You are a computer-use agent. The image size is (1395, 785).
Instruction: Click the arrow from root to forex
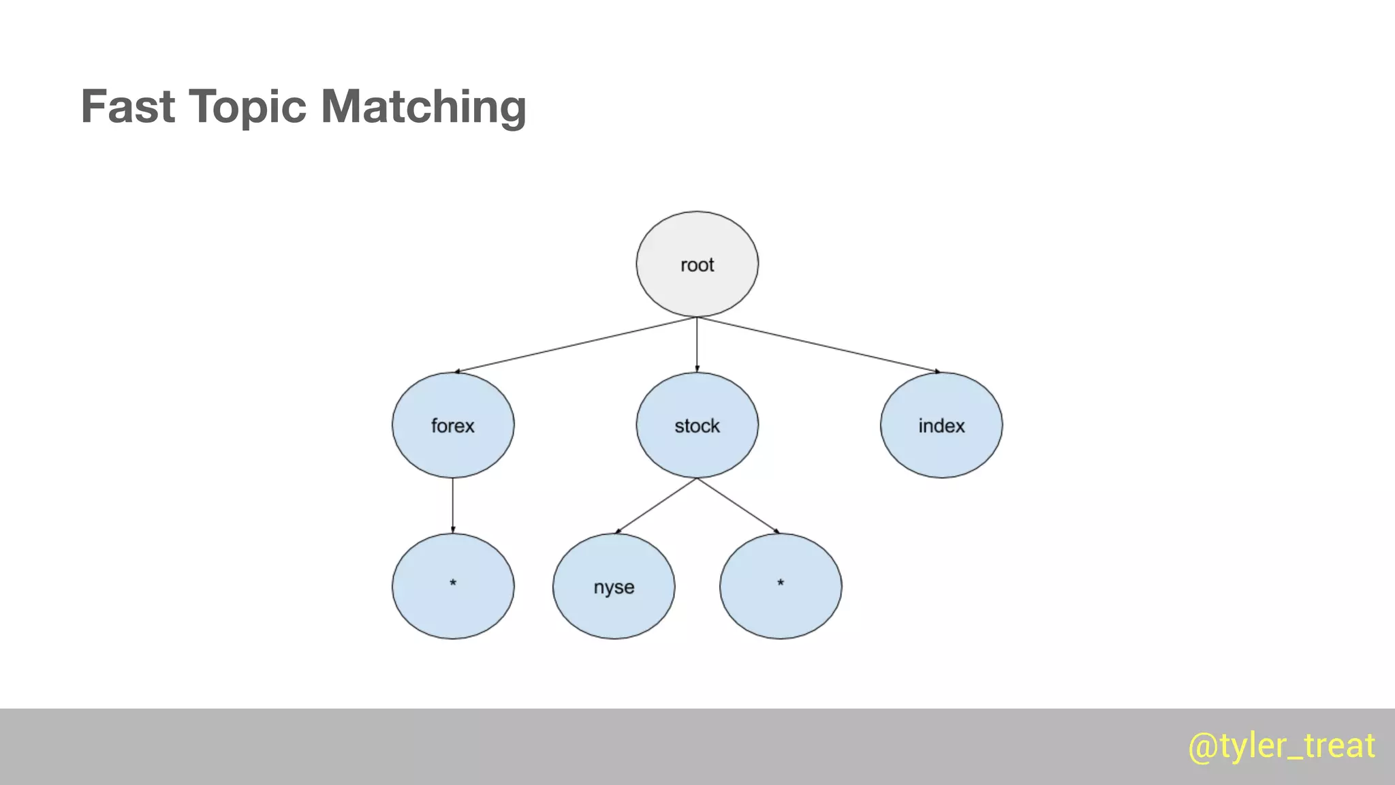coord(576,345)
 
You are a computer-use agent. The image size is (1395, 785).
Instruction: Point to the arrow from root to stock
coord(697,345)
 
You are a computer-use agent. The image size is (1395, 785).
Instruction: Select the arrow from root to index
coord(817,345)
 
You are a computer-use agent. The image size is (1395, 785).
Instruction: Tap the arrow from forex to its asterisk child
coord(453,506)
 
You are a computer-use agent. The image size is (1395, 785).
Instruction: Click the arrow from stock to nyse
coord(656,506)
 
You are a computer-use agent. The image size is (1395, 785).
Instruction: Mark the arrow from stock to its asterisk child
coord(738,506)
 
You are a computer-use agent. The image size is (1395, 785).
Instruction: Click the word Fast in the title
coord(128,107)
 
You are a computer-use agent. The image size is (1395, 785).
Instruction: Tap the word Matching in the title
coord(423,107)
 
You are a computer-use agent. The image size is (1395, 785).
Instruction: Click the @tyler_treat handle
coord(1281,746)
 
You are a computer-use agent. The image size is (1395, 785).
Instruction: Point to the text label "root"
coord(697,265)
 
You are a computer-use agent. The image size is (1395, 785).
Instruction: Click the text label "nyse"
coord(614,587)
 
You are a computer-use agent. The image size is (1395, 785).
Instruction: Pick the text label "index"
coord(941,426)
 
